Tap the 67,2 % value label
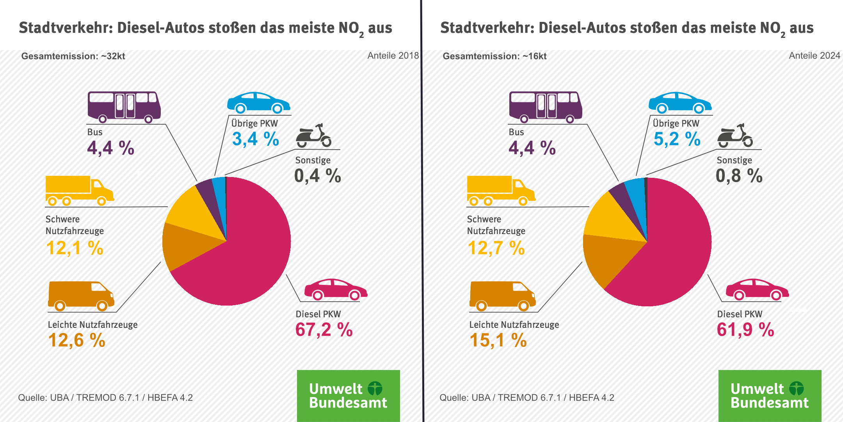click(324, 330)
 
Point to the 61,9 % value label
click(745, 330)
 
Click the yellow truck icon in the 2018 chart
click(80, 190)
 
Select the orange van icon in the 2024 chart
click(502, 295)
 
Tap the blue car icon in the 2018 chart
click(258, 102)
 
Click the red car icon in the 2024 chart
click(757, 290)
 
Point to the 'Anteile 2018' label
click(393, 55)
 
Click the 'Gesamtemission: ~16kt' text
click(494, 56)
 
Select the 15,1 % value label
click(498, 340)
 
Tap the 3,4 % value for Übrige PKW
click(256, 139)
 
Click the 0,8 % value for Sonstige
click(739, 176)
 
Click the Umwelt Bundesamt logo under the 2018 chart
click(348, 395)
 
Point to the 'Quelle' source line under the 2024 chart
click(526, 398)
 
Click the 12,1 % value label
click(75, 248)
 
